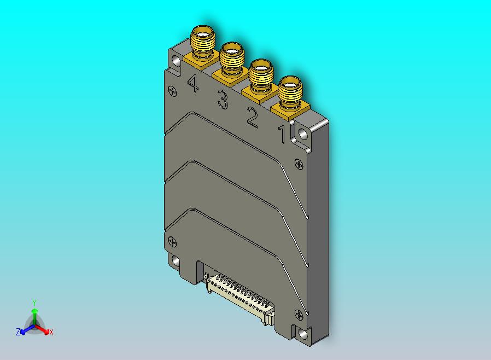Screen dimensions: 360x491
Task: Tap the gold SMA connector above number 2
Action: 261,75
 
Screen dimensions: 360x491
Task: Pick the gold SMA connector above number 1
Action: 290,92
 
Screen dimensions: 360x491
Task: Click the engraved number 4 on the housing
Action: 192,84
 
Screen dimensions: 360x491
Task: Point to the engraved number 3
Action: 223,100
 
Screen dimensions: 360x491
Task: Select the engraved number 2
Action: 252,118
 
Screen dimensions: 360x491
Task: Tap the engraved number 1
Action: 282,134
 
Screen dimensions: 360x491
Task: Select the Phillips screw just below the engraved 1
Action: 298,163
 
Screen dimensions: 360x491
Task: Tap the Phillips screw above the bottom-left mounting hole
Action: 173,241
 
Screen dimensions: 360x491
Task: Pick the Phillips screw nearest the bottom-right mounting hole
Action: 298,314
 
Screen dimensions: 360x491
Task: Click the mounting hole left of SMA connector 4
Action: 176,61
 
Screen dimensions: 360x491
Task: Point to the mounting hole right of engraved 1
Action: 303,133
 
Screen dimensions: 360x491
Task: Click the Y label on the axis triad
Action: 34,303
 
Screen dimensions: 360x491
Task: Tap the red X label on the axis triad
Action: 51,332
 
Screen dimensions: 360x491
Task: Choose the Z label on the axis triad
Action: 18,332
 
